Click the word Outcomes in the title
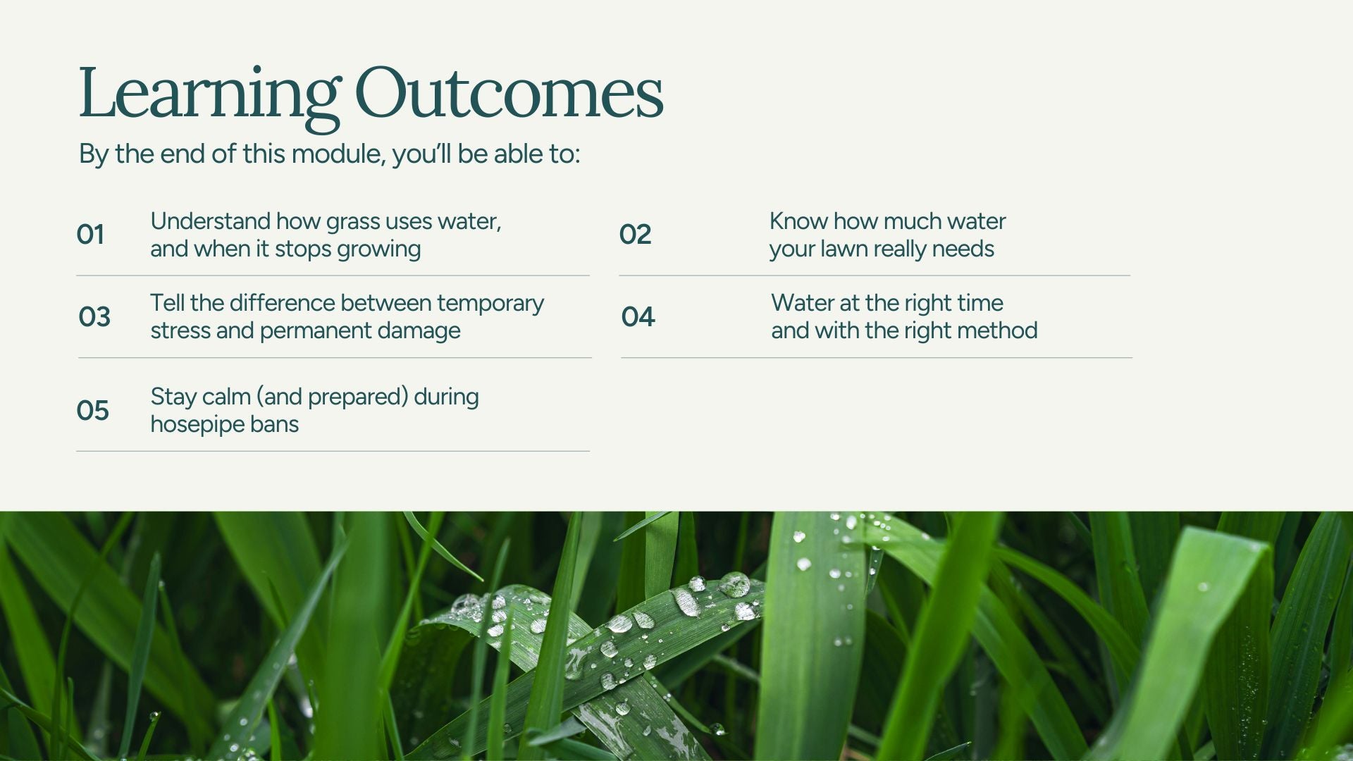[509, 92]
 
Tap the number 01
[90, 234]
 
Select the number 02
[635, 234]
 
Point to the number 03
[94, 316]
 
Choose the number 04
[638, 316]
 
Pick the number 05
[92, 410]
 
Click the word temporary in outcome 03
[490, 304]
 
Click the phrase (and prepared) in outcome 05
[333, 397]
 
